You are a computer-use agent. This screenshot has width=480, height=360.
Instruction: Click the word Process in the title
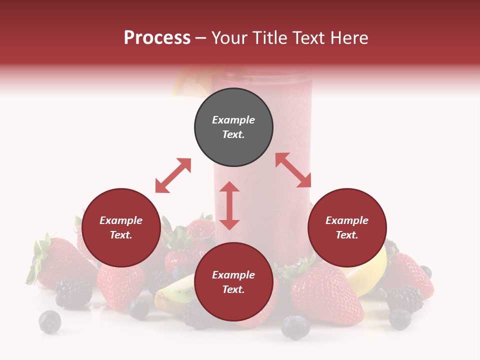(x=157, y=38)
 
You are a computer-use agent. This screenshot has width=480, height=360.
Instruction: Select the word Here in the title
(x=347, y=38)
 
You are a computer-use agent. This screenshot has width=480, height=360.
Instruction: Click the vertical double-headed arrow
(x=229, y=205)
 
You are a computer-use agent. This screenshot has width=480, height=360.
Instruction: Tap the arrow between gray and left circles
(x=173, y=175)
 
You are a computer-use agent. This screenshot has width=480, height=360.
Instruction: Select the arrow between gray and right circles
(x=293, y=170)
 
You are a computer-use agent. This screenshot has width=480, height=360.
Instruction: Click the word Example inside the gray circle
(x=233, y=120)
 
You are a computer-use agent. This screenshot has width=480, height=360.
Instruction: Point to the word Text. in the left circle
(x=121, y=235)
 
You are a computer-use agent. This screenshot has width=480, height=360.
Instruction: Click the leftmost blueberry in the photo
(x=49, y=321)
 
